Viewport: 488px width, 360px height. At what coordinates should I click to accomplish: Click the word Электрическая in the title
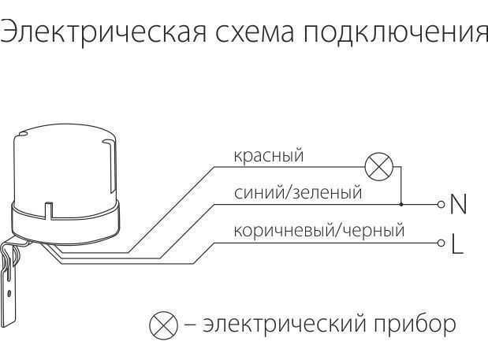(103, 32)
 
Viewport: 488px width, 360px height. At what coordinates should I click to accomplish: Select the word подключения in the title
(396, 32)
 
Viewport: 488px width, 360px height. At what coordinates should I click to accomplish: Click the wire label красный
(269, 155)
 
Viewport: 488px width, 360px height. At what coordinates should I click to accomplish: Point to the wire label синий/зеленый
(298, 193)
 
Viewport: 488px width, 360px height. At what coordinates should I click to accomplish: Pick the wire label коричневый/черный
(319, 230)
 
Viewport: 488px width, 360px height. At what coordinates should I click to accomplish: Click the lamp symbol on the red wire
(378, 167)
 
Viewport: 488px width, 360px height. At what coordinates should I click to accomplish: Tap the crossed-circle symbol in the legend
(163, 325)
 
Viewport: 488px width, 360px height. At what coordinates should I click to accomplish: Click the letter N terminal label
(458, 204)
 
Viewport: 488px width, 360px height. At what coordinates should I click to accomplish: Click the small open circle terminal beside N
(441, 204)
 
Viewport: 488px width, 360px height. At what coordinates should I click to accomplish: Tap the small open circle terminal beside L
(441, 243)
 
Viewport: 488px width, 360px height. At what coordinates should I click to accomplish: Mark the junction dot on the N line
(401, 204)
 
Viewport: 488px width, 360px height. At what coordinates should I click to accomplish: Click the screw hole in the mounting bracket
(9, 293)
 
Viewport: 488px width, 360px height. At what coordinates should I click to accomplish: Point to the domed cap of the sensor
(65, 167)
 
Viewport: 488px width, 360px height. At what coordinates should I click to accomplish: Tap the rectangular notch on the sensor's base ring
(49, 211)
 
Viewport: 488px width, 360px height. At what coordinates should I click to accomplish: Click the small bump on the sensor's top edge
(22, 134)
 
